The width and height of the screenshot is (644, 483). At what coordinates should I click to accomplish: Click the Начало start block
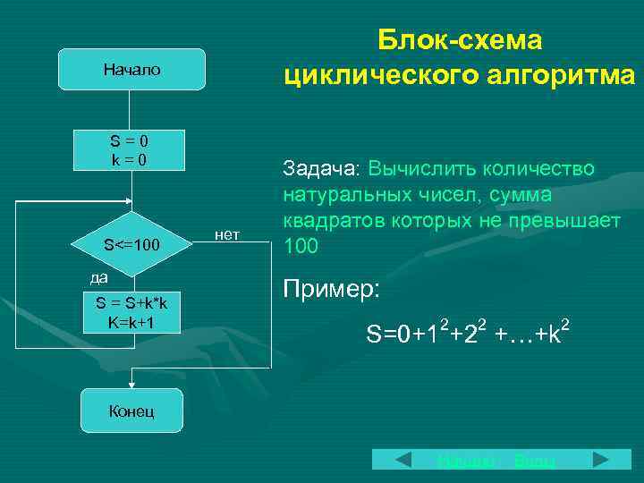point(131,70)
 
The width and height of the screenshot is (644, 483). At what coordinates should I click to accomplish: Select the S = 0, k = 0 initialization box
point(130,150)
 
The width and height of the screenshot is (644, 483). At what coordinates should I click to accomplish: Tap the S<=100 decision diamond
point(131,243)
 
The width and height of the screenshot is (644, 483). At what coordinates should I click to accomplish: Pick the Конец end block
point(131,411)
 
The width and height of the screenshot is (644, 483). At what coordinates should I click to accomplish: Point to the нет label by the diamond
point(228,235)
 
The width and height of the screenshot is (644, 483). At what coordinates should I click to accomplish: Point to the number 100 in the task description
point(300,244)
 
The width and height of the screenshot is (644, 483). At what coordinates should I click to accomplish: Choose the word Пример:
point(331,289)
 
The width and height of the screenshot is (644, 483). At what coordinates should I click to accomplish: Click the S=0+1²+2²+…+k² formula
point(468,335)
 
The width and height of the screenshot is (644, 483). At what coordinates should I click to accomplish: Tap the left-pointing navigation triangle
point(403,461)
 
